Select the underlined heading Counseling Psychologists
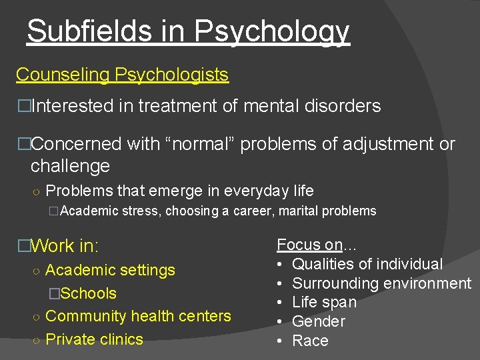122,75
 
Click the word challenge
70,165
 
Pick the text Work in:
65,246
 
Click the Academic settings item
110,270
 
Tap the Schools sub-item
88,293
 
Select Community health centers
138,316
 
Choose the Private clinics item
94,339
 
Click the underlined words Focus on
309,245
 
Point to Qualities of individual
367,264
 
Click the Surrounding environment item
381,283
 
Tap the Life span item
324,302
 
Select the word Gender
319,321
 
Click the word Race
310,341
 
